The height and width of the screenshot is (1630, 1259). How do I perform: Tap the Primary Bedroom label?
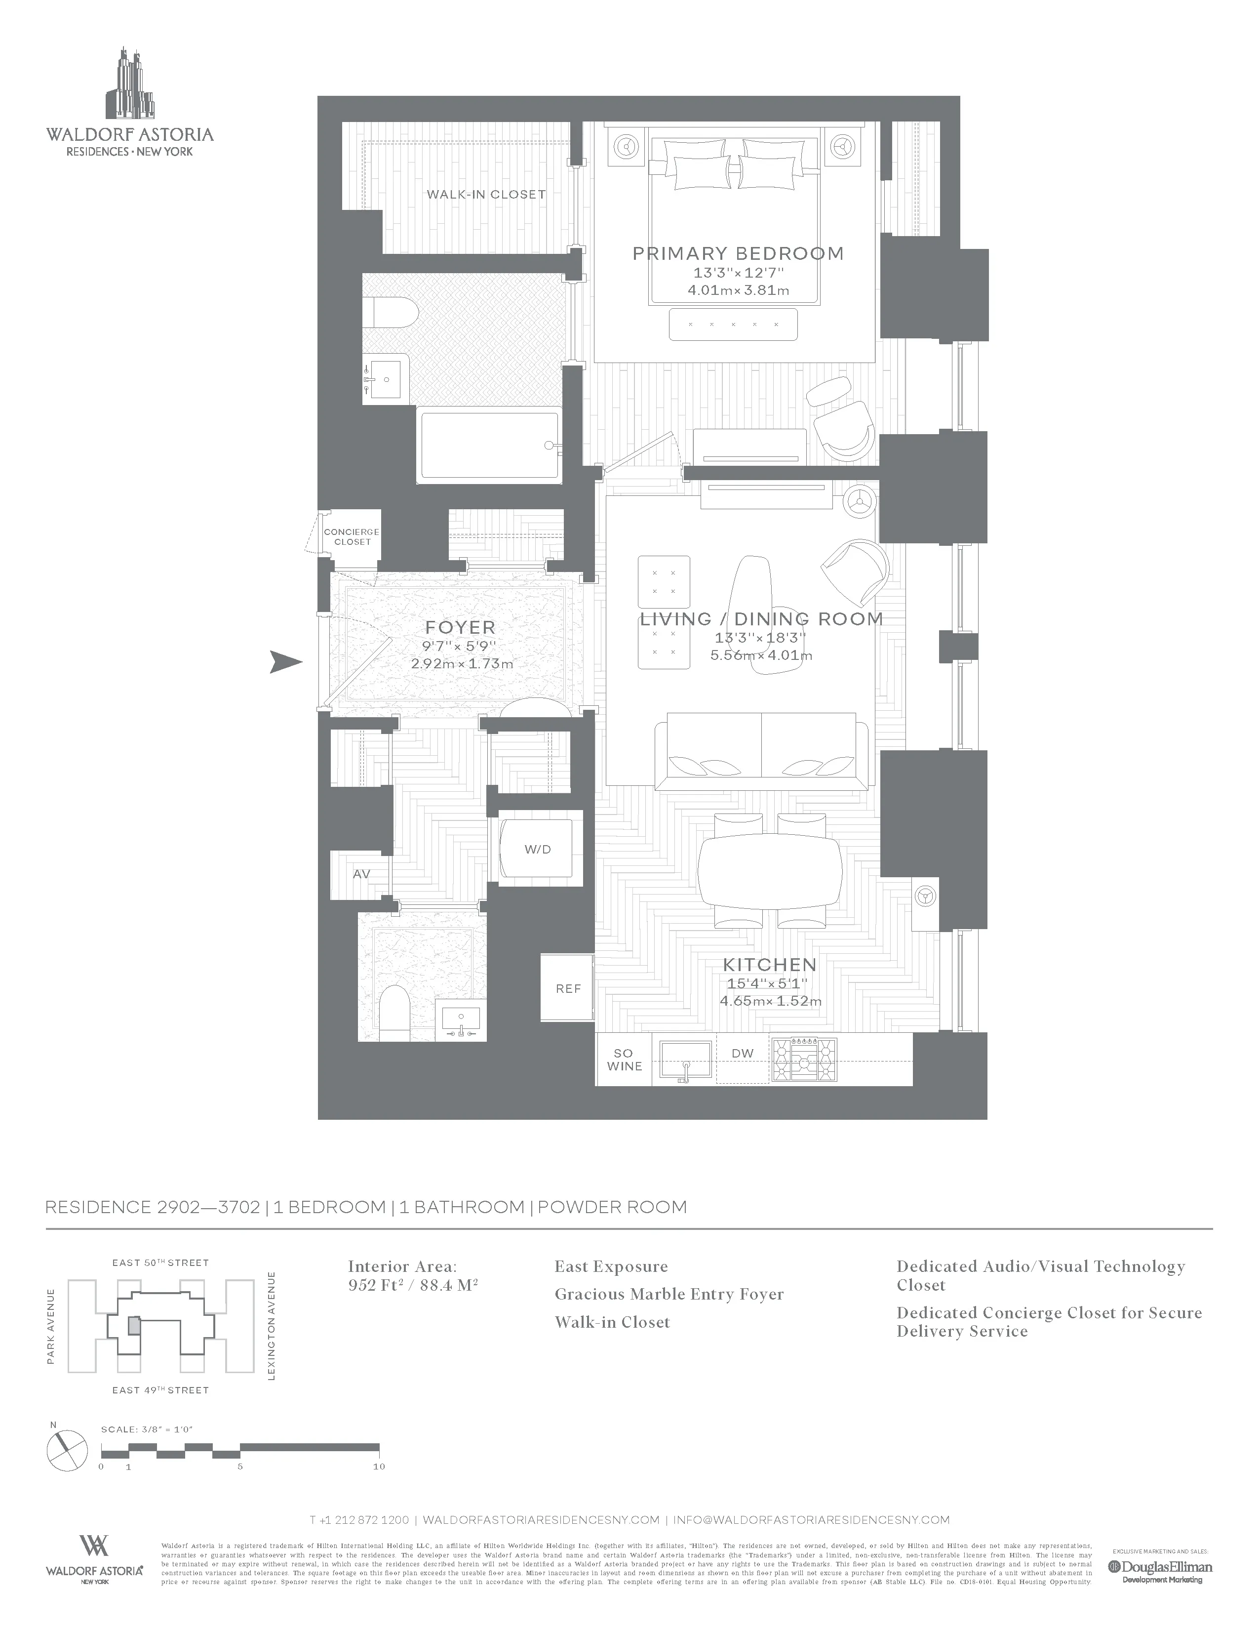point(738,254)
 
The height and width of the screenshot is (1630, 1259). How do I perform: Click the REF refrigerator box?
point(568,988)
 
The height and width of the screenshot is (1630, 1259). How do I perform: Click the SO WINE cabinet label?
point(624,1060)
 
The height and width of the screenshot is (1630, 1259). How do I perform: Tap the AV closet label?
point(362,874)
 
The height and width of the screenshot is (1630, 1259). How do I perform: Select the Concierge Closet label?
point(352,536)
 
